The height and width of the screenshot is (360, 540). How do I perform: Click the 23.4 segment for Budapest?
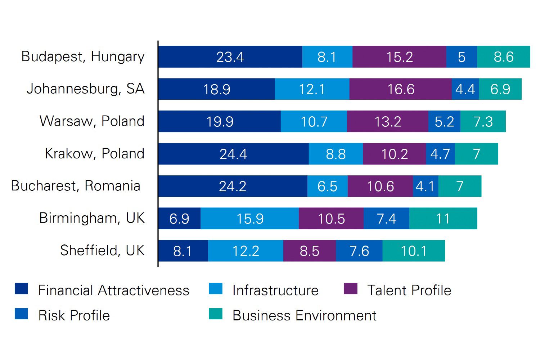(x=230, y=57)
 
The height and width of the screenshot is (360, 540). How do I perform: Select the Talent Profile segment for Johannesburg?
(x=400, y=89)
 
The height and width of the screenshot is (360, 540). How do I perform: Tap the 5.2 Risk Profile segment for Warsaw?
(x=444, y=122)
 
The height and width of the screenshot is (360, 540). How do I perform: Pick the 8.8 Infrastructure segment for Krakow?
(x=336, y=154)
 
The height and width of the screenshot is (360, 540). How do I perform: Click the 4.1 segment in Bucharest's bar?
(x=426, y=186)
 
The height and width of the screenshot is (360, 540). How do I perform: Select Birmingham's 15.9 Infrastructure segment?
(x=249, y=219)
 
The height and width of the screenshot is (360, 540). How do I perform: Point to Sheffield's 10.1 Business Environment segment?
(x=414, y=251)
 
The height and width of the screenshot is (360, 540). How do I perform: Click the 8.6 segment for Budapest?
(x=503, y=57)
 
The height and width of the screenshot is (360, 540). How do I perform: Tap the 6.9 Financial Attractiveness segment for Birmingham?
(x=179, y=219)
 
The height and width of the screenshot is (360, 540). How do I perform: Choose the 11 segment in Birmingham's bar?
(x=443, y=219)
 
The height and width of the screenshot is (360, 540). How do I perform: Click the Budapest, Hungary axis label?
(x=83, y=57)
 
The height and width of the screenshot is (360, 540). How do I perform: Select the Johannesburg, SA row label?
(x=85, y=89)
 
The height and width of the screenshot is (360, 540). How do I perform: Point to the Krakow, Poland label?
(x=94, y=154)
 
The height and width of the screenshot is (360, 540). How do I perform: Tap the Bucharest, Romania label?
(x=76, y=186)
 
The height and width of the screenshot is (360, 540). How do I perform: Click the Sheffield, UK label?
(x=102, y=251)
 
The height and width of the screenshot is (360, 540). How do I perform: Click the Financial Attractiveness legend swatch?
(x=21, y=289)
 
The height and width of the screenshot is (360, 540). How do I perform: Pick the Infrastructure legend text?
(x=275, y=291)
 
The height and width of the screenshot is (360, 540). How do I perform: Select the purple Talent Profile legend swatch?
(x=350, y=289)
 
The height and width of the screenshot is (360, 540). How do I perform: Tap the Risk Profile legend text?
(x=74, y=316)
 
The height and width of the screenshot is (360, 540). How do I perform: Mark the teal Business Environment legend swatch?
(x=215, y=314)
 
